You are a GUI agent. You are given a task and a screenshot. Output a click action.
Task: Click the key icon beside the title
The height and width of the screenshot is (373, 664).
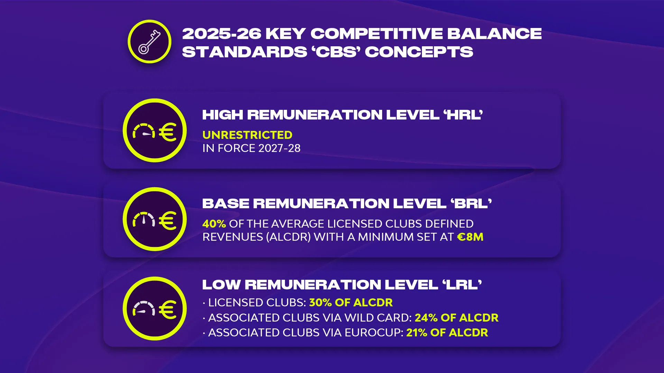pyautogui.click(x=149, y=42)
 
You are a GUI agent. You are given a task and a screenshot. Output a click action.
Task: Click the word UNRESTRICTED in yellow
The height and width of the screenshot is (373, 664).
pyautogui.click(x=247, y=135)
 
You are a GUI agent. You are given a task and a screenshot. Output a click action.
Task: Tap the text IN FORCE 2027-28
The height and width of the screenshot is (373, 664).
pyautogui.click(x=251, y=148)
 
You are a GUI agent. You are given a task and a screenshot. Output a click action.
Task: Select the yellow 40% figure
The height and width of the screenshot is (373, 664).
pyautogui.click(x=214, y=224)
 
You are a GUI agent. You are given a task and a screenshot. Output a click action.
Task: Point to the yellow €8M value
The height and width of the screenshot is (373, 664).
pyautogui.click(x=470, y=237)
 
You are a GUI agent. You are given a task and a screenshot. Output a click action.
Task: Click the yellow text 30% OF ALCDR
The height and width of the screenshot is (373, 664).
pyautogui.click(x=351, y=303)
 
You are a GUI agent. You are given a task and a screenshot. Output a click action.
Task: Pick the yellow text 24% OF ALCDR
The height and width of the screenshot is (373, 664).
pyautogui.click(x=456, y=318)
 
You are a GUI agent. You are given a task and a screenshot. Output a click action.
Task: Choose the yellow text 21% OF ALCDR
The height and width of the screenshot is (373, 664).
pyautogui.click(x=447, y=333)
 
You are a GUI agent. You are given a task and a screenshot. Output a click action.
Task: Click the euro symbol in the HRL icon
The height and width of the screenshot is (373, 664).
pyautogui.click(x=168, y=132)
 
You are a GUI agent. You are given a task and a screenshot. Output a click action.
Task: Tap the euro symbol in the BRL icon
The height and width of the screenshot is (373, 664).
pyautogui.click(x=168, y=221)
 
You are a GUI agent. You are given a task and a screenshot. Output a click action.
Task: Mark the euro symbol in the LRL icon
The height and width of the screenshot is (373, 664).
pyautogui.click(x=168, y=310)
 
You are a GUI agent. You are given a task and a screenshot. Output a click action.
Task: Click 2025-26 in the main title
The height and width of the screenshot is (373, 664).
pyautogui.click(x=222, y=34)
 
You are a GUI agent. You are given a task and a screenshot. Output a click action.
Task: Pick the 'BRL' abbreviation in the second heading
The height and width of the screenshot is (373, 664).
pyautogui.click(x=471, y=203)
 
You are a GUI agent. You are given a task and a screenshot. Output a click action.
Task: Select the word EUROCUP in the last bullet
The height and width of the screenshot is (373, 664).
pyautogui.click(x=374, y=333)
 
